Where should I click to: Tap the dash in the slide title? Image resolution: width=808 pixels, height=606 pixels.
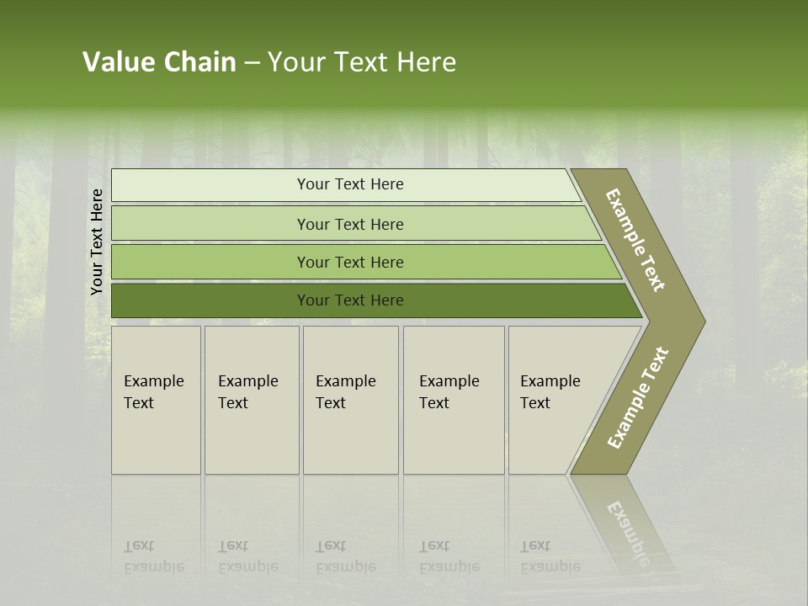[251, 62]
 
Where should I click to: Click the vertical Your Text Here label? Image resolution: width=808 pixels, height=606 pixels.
[97, 242]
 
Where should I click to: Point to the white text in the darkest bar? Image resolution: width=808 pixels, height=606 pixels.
[350, 300]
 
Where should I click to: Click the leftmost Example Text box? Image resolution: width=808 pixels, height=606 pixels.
[156, 400]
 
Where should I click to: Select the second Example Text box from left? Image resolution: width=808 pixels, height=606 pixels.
[251, 400]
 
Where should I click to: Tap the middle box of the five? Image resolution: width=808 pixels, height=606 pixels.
[350, 400]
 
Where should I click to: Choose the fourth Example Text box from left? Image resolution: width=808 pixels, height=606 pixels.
[453, 400]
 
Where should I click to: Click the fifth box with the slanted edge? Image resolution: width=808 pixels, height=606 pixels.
[555, 400]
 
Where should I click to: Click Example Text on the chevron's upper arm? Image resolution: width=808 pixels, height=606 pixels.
[636, 240]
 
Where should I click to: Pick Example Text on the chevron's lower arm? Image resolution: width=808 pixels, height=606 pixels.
[637, 397]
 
